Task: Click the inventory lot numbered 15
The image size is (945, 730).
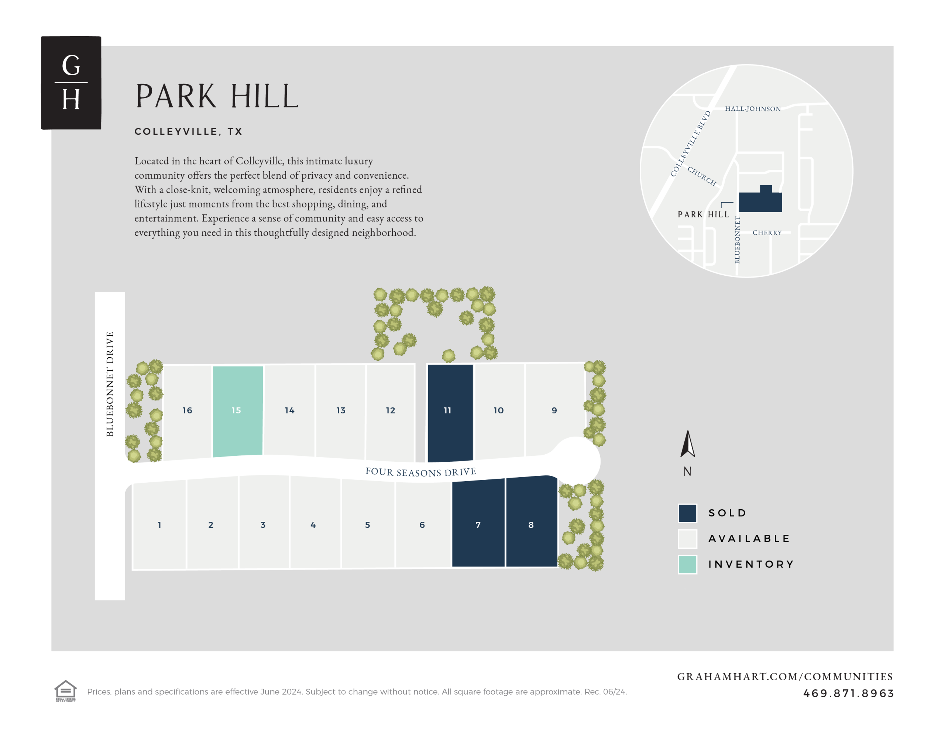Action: tap(237, 411)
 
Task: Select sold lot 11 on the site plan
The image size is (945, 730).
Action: tap(450, 411)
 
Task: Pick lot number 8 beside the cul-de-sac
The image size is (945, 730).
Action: tap(531, 524)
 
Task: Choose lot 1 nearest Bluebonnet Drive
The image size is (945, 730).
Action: tap(159, 525)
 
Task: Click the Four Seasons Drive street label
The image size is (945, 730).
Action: tap(420, 472)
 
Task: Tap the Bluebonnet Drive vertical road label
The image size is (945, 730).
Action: tap(110, 384)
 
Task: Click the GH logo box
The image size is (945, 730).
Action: tap(71, 83)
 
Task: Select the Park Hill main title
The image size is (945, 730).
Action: tap(217, 96)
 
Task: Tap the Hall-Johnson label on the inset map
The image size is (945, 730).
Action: tap(753, 109)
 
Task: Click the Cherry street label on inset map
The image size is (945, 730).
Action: tap(767, 233)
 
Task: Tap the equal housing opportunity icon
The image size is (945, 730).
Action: tap(65, 690)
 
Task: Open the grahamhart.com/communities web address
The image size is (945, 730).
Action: tap(784, 676)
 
